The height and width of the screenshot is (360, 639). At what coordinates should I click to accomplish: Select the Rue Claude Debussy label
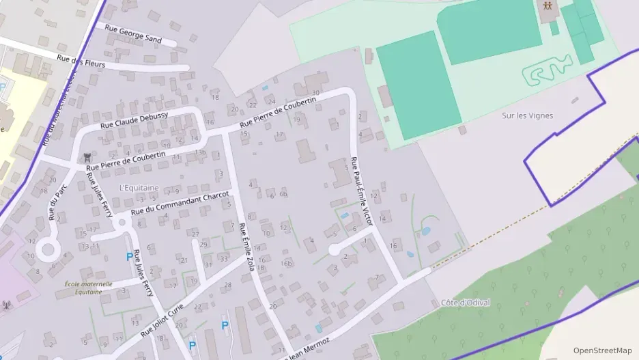pos(134,120)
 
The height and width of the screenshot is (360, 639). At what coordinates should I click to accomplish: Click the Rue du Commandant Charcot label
pos(180,202)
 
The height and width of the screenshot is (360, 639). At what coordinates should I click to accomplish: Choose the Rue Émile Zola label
pos(246,246)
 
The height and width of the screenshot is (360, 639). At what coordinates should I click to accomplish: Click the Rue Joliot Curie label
pos(162,320)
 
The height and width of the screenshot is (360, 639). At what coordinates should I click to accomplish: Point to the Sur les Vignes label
pos(528,115)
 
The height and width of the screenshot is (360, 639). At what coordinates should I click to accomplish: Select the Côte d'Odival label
pos(466,303)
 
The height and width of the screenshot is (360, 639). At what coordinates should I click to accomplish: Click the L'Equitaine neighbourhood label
pos(139,187)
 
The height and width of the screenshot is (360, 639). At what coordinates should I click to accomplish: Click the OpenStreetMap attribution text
pos(602,350)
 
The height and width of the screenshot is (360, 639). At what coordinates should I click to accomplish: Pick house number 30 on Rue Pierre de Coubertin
pos(315,93)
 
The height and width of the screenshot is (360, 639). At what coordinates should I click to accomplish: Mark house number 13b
pos(200,152)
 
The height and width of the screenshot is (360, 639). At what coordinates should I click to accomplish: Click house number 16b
pos(286,263)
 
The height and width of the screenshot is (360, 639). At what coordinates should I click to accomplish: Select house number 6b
pos(283,194)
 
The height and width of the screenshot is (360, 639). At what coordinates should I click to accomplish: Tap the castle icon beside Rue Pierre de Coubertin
pos(87,158)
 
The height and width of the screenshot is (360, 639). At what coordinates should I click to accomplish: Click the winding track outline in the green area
pos(548,70)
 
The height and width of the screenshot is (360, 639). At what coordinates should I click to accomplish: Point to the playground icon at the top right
pos(548,7)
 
